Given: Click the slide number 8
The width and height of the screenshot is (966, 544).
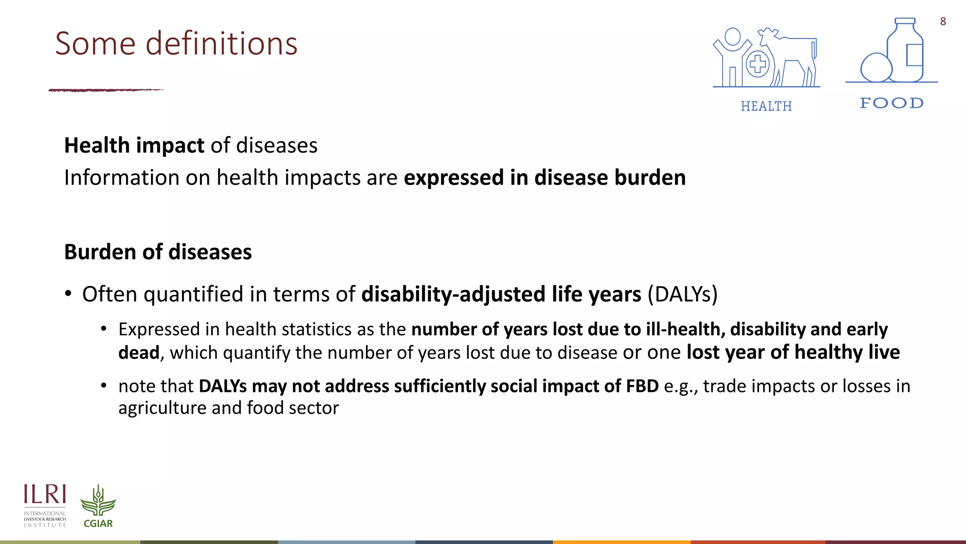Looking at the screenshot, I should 942,21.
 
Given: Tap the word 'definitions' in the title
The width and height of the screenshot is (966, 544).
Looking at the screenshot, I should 221,43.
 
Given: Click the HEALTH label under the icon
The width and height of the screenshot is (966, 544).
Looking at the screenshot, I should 766,106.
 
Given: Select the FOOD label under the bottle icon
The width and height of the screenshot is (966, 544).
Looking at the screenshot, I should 891,103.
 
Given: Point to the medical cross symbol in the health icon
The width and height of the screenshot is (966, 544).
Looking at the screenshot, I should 758,64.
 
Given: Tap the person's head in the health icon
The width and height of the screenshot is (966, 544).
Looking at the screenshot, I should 733,37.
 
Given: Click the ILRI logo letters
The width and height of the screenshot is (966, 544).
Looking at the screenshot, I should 45,494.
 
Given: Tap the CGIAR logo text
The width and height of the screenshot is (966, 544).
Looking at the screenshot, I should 98,523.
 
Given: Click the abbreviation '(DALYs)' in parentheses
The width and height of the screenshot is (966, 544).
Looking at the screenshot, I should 682,294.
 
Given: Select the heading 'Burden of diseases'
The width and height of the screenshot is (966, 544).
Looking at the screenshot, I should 158,252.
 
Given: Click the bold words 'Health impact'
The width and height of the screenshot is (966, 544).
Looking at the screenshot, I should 134,145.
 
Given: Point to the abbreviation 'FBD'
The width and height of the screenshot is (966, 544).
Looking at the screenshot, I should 642,386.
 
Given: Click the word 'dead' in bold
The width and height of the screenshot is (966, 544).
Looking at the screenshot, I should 139,353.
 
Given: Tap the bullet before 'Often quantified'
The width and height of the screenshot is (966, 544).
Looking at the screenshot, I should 68,294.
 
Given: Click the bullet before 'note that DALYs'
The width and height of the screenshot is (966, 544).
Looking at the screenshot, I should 104,386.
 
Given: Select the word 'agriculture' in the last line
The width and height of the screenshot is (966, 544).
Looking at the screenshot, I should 162,408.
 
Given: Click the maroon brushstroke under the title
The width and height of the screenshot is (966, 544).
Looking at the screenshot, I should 106,89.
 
